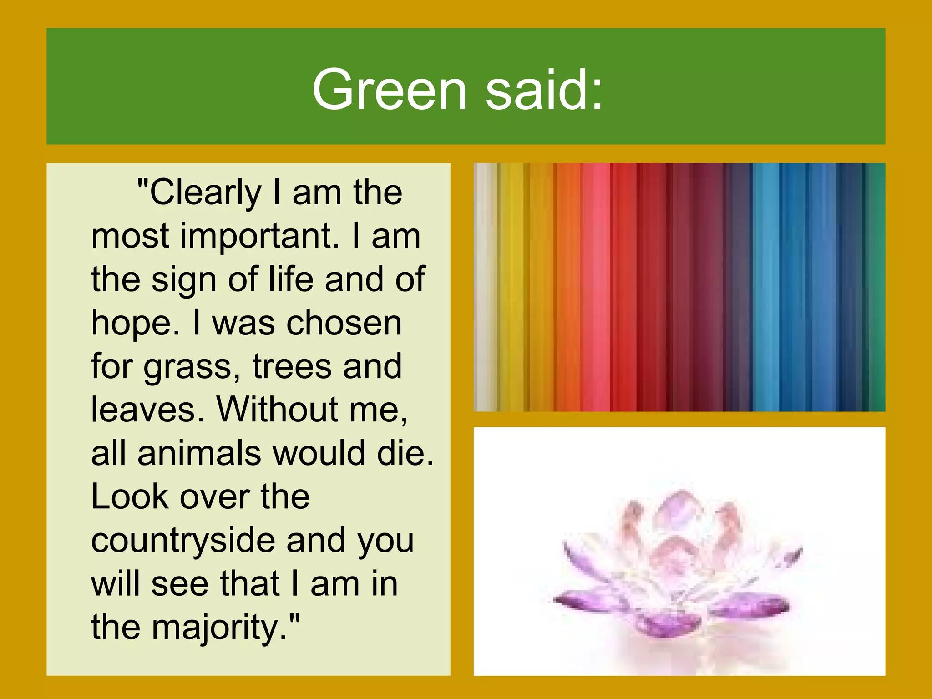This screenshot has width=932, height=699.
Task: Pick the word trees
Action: (292, 366)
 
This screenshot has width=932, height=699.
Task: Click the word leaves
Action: (147, 410)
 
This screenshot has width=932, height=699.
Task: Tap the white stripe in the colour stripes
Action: (485, 287)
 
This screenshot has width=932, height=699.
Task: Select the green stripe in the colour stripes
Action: (876, 287)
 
